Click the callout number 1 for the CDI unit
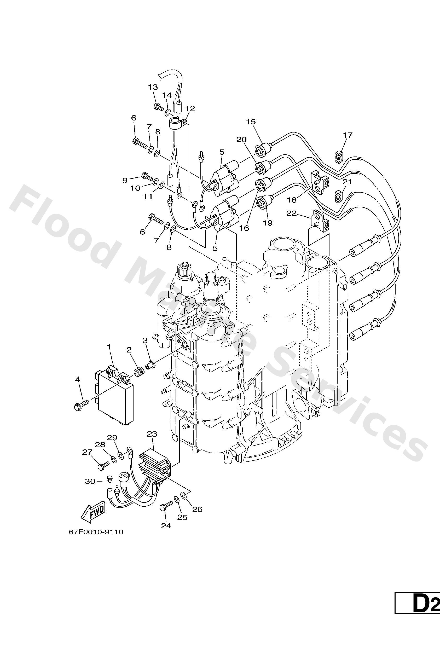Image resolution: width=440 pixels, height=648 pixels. tap(109, 347)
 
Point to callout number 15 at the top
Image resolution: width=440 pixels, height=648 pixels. tap(251, 121)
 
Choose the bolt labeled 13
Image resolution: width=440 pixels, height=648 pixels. tap(158, 107)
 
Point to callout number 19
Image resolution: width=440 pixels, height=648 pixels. tap(267, 223)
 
